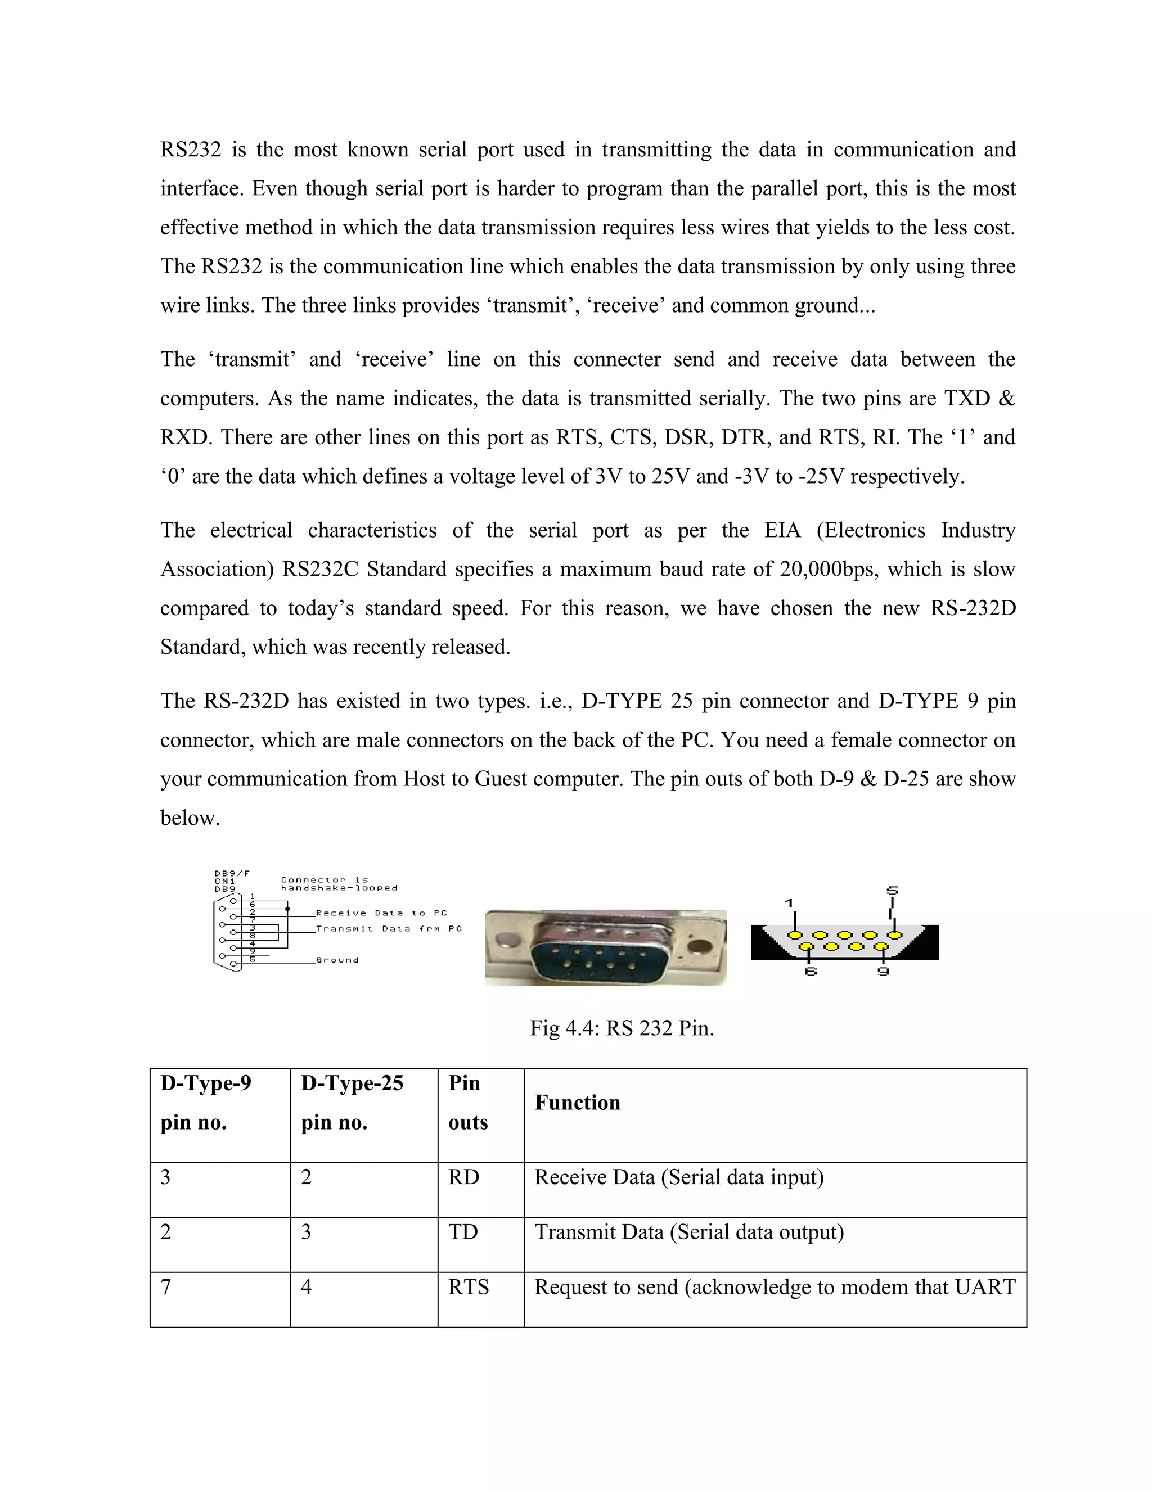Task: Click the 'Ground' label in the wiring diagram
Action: (x=337, y=960)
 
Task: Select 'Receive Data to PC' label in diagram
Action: (x=381, y=913)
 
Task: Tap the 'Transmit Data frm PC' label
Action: (x=388, y=928)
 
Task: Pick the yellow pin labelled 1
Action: (x=794, y=936)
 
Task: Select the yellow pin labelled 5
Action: (x=893, y=936)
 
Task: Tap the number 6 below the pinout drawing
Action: (x=810, y=972)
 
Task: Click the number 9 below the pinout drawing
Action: (x=883, y=972)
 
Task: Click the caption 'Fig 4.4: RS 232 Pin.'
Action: (x=622, y=1028)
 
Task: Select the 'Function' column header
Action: (x=577, y=1103)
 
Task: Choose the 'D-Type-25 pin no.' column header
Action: (x=352, y=1103)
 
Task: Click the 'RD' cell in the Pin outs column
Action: (x=463, y=1177)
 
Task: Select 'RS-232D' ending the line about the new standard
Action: (x=973, y=608)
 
